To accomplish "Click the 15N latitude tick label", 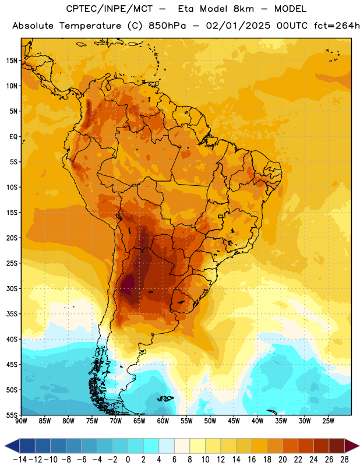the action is [12, 61].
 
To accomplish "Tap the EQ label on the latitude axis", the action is [13, 137].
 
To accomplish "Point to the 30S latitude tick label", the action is [12, 288].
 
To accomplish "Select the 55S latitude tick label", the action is [12, 415].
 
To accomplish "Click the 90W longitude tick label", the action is [21, 421].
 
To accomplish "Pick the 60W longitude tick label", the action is [163, 421].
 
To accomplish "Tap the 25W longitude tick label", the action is [328, 421].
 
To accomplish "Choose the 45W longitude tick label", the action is [234, 421].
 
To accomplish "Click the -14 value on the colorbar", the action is [20, 460].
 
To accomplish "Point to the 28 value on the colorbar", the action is [344, 460].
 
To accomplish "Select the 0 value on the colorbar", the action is [128, 460].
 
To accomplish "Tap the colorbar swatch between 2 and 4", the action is [151, 446].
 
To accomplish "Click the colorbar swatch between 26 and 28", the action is [337, 446].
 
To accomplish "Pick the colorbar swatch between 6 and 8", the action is [182, 446].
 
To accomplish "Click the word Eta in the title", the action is [186, 9].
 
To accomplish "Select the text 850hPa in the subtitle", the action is [167, 26].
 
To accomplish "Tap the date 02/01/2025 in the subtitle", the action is [238, 26].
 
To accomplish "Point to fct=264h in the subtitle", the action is [337, 26].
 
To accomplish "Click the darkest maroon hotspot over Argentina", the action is [128, 285].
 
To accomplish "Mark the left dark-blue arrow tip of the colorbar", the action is [5, 446].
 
